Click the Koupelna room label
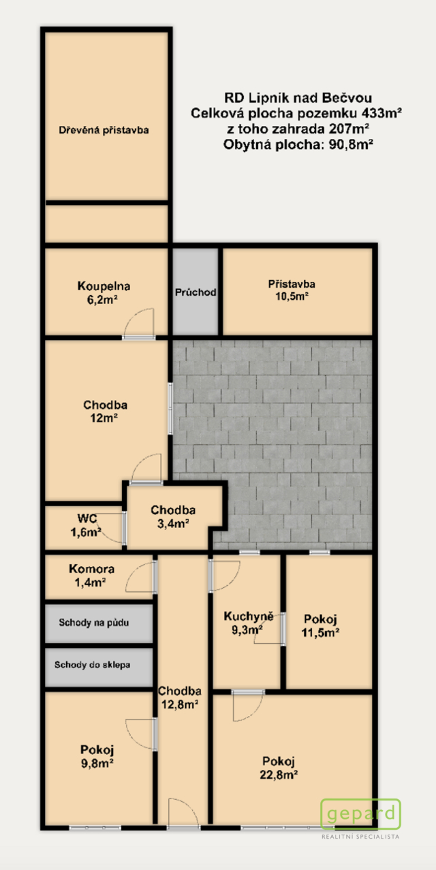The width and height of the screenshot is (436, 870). (x=104, y=292)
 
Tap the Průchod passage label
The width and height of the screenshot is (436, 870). (x=196, y=292)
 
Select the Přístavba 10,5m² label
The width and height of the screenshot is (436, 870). (x=292, y=290)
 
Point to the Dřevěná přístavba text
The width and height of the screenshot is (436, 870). (x=104, y=129)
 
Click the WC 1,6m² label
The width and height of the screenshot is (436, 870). (x=86, y=525)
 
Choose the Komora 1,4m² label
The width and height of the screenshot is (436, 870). (x=91, y=575)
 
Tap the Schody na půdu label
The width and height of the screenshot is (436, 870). (x=94, y=623)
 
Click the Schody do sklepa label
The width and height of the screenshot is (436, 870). (x=93, y=664)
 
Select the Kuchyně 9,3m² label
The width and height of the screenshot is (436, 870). (x=249, y=623)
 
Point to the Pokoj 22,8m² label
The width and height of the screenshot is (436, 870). (x=279, y=767)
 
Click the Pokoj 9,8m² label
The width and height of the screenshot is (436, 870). (x=97, y=756)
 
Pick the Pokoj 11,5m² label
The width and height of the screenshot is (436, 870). (x=321, y=625)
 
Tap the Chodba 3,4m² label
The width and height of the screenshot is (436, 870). (x=173, y=516)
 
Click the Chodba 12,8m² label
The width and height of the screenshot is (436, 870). (x=180, y=697)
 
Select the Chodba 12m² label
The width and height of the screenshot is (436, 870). (x=105, y=411)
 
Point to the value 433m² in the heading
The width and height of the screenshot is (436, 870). (x=381, y=113)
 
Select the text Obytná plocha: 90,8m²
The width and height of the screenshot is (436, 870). (x=298, y=144)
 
